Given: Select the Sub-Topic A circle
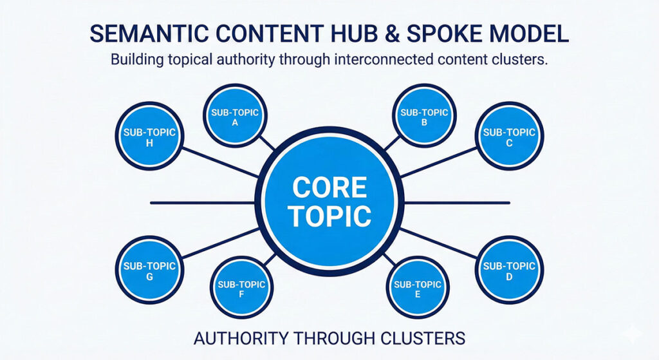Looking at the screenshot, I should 234,117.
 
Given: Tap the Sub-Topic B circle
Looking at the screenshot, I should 424,117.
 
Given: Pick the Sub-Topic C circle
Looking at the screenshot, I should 509,137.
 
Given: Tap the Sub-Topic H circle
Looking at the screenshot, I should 149,137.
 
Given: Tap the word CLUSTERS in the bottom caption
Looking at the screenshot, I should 418,337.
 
